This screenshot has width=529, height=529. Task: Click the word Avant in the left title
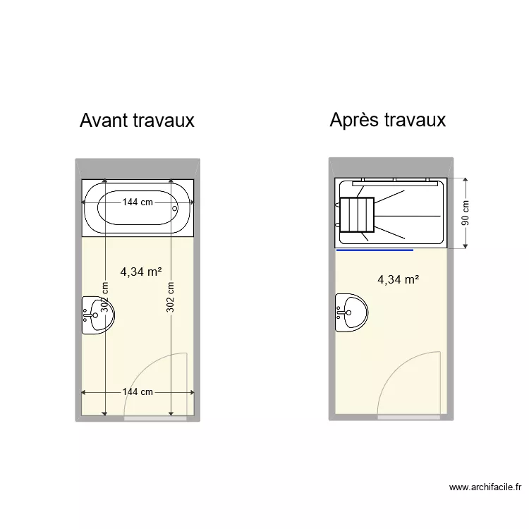103,121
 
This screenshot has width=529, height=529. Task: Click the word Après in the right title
355,120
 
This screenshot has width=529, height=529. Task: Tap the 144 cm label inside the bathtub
138,202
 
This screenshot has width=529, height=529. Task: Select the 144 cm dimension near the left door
138,392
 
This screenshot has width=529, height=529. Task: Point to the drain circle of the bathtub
176,209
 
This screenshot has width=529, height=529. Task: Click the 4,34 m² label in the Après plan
399,279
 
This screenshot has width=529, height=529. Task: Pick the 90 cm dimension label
466,212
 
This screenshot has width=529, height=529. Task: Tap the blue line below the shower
375,250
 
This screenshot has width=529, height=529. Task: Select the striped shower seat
358,214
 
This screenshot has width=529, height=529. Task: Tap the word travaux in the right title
415,120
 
